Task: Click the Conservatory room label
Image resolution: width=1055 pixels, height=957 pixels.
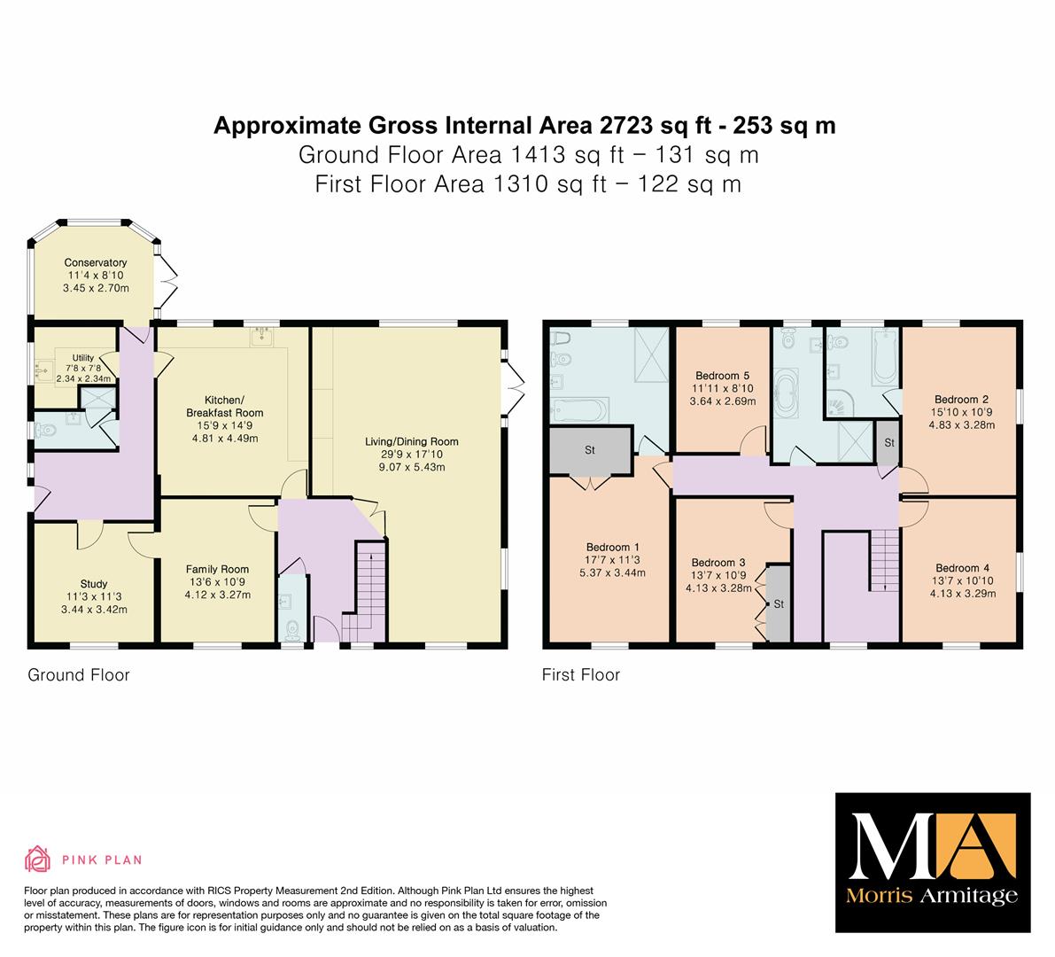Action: click(x=96, y=262)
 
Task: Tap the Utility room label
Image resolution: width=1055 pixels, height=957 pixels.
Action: click(x=83, y=357)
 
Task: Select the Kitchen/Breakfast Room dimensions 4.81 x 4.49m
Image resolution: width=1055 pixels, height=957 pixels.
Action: click(x=225, y=438)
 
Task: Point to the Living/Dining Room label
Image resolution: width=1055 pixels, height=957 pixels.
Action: click(x=412, y=441)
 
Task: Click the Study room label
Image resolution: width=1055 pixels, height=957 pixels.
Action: click(x=94, y=584)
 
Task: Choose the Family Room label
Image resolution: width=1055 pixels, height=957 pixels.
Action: click(x=217, y=570)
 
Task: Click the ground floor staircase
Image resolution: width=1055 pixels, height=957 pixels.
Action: click(x=365, y=592)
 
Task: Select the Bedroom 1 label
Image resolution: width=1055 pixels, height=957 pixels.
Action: click(x=613, y=547)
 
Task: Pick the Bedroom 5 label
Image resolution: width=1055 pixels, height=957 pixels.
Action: click(x=723, y=376)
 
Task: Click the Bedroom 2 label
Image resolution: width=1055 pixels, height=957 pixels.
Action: click(x=961, y=399)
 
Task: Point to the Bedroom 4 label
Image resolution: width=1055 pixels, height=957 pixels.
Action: click(x=963, y=568)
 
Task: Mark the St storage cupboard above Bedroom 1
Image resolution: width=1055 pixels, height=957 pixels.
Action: click(x=591, y=449)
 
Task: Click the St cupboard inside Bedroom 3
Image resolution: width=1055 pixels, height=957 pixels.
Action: click(x=778, y=603)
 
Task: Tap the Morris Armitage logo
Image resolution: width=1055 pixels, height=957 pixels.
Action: click(x=933, y=863)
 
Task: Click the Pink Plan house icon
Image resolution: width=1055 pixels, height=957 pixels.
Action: click(x=38, y=859)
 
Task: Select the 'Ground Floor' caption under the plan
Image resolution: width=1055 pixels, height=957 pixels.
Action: click(x=79, y=675)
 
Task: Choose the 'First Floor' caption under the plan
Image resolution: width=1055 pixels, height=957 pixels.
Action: click(x=581, y=675)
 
